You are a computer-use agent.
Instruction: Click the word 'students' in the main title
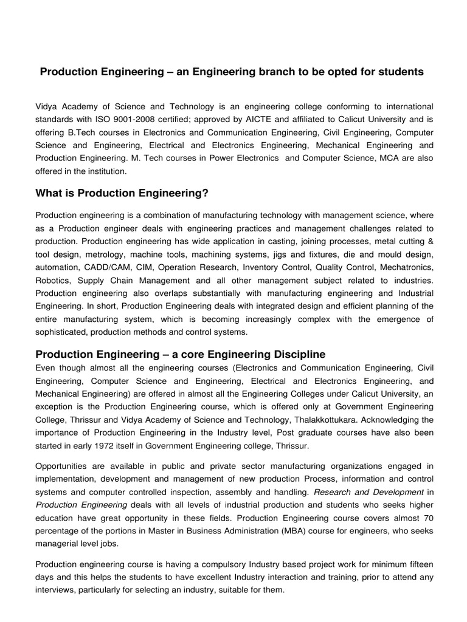[403, 72]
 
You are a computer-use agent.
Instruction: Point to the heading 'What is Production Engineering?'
[122, 193]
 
